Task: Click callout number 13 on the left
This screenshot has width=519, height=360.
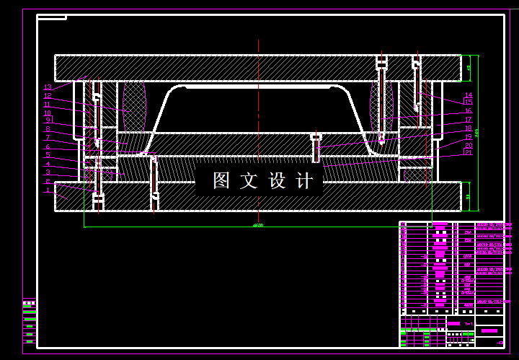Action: pos(48,88)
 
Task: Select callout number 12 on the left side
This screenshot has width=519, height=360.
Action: pos(48,96)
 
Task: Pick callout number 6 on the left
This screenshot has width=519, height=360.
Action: pos(48,146)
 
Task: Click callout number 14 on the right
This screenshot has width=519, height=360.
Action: pos(468,95)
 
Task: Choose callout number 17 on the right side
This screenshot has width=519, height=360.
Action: pos(468,120)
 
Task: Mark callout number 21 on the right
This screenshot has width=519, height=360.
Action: pos(468,152)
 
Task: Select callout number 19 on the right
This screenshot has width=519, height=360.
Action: pos(468,136)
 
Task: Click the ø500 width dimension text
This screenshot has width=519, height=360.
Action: pos(257,226)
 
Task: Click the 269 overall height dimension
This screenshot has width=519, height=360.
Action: pos(476,131)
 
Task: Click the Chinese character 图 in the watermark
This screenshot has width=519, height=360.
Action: pos(221,181)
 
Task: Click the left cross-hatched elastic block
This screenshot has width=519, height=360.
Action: pos(134,106)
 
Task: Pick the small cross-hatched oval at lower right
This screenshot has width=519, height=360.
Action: pos(417,174)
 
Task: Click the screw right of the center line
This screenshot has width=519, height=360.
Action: pos(315,148)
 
